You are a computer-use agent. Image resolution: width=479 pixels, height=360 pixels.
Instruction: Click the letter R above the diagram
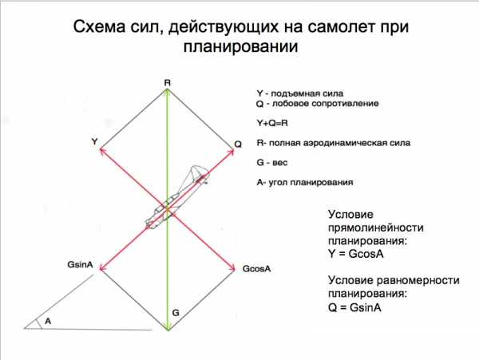coord(168,83)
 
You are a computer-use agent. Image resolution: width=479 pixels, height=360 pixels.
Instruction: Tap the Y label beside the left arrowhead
coord(95,141)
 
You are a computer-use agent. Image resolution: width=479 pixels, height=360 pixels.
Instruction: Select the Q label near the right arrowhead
coord(238,144)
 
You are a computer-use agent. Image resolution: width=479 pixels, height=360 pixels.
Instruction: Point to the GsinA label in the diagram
coord(80,264)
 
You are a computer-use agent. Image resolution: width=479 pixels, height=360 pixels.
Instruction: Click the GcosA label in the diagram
coord(256,269)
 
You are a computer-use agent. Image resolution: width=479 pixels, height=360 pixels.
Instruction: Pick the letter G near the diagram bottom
coord(176,313)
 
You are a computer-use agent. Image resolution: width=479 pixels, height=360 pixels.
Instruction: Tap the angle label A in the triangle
coord(48,321)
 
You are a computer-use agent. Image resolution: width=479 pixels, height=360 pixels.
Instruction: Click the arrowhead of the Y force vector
coord(102,150)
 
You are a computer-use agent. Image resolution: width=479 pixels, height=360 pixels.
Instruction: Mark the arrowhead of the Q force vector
coord(232,151)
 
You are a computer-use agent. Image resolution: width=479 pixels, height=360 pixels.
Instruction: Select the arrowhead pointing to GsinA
coord(102,268)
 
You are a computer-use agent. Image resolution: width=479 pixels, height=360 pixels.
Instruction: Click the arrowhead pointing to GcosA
coord(232,268)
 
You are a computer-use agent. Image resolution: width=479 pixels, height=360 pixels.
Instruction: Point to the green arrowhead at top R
coord(167,91)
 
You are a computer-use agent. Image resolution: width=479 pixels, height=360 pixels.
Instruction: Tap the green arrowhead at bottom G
coord(168,328)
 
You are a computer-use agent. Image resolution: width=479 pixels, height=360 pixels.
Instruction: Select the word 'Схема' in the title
coord(100,27)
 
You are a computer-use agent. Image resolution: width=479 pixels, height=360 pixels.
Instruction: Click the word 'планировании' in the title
coord(241,47)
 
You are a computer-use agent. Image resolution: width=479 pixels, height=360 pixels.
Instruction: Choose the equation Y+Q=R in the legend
coord(272,123)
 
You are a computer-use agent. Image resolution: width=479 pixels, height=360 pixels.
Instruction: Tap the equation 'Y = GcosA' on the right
coord(356,254)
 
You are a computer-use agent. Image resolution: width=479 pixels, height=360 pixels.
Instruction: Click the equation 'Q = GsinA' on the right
coord(355,307)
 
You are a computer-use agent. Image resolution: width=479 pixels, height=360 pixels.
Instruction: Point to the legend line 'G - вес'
coord(272,163)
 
